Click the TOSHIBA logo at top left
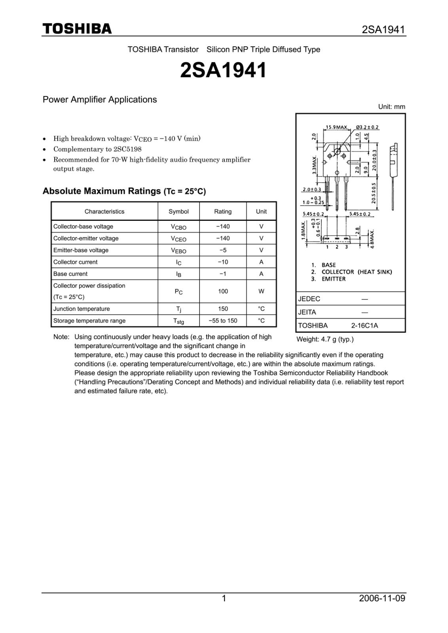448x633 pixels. pos(77,29)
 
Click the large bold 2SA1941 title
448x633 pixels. pos(224,70)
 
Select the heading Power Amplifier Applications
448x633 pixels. pos(100,100)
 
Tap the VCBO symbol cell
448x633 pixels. pos(178,227)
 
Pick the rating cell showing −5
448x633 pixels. pos(223,250)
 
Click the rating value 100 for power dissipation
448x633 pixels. pos(223,291)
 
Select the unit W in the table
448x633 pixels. pos(261,291)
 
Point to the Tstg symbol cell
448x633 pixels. pos(178,321)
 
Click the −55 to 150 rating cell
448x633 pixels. pos(223,320)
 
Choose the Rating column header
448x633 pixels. pos(223,211)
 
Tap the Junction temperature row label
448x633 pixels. pos(82,309)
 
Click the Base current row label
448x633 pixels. pos(70,274)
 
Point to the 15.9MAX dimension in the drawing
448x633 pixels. pos(336,127)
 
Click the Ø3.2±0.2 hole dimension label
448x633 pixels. pos(367,127)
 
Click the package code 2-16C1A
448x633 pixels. pos(364,326)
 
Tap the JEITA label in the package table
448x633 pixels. pos(307,312)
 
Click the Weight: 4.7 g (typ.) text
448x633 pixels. pos(325,339)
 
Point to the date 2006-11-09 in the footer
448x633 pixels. pos(382,598)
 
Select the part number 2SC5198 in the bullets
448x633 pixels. pos(127,149)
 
